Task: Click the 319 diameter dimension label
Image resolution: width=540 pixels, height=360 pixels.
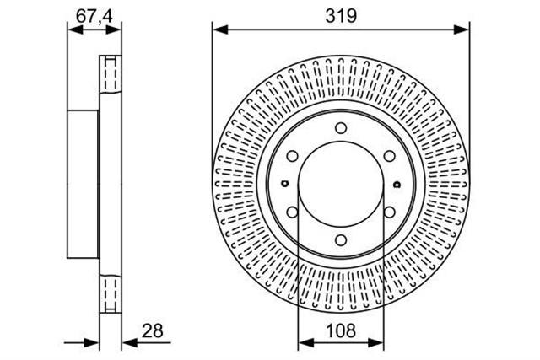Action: point(341,16)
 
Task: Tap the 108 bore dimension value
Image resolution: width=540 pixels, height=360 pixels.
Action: point(341,330)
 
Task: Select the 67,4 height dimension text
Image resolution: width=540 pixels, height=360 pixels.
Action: point(94,16)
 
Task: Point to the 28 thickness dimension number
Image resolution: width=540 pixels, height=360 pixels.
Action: point(153,330)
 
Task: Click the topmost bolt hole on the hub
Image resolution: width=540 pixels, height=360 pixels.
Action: point(341,128)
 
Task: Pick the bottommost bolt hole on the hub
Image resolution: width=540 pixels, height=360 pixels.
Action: point(341,240)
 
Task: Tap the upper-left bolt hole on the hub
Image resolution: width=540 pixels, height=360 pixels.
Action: point(292,156)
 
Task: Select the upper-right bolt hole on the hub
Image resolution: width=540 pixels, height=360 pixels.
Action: point(390,156)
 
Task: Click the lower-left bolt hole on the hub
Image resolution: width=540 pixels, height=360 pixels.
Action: point(292,212)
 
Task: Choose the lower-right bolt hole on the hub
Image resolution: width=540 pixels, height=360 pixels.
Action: point(390,212)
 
